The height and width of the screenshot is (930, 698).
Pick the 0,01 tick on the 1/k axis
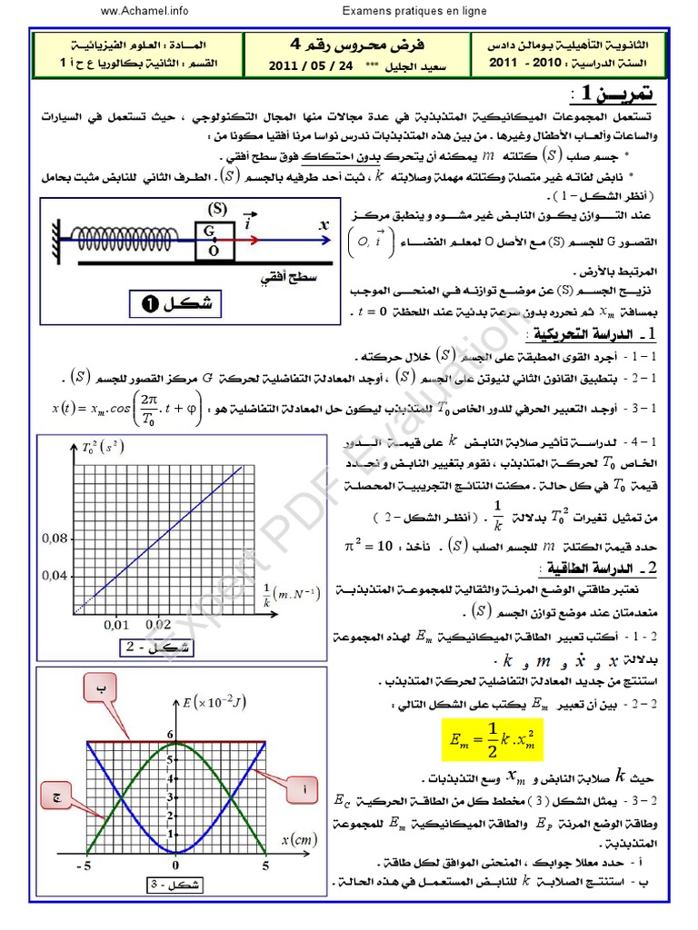[x=115, y=625]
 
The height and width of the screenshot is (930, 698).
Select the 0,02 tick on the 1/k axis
[x=158, y=625]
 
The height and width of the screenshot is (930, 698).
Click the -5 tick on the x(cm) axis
[x=85, y=866]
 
